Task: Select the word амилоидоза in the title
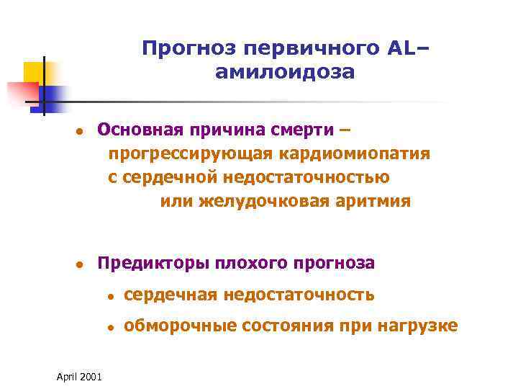284,72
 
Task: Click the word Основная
138,130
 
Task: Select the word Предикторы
144,263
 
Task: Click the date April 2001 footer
78,376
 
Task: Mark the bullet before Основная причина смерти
81,131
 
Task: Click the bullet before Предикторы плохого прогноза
81,264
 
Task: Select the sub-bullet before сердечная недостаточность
109,295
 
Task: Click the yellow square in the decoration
34,72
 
